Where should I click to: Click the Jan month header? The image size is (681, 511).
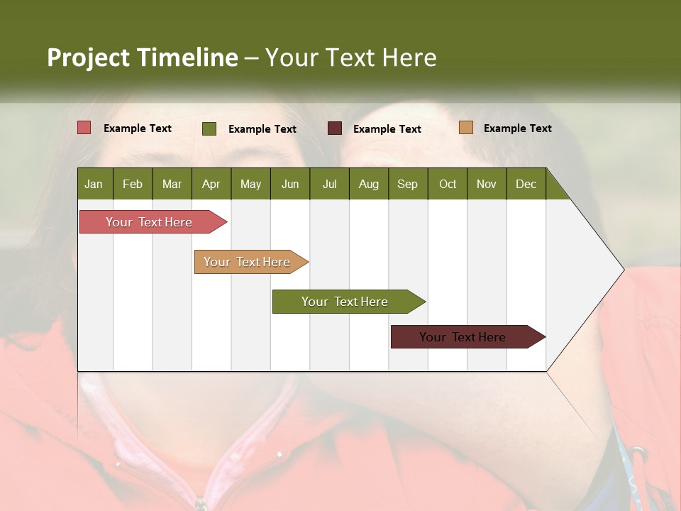[x=94, y=184]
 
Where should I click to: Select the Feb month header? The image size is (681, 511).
[x=133, y=184]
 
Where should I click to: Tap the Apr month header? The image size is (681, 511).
[x=211, y=184]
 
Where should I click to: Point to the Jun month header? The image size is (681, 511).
[x=289, y=184]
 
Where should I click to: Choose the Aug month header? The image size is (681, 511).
[x=368, y=184]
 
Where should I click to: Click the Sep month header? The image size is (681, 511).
[x=407, y=184]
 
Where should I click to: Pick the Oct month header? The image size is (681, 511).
[x=447, y=184]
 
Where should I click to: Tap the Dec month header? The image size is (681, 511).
[x=526, y=184]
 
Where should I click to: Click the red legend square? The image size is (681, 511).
[x=84, y=128]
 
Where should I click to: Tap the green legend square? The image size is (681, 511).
[x=209, y=128]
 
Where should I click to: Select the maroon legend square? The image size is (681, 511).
[x=335, y=128]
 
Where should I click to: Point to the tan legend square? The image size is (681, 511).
[x=466, y=128]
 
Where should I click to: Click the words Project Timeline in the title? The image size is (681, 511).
[x=143, y=57]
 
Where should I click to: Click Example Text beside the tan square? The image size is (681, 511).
[x=517, y=128]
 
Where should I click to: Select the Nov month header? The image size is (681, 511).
[x=486, y=184]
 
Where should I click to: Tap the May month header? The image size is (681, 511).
[x=250, y=184]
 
